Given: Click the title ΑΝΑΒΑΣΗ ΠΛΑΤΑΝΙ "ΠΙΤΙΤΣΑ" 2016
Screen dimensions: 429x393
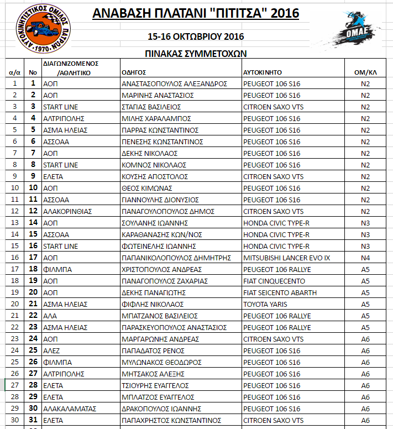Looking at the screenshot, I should pos(196,13).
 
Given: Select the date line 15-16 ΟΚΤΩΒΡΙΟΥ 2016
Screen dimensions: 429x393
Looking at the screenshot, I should pos(196,37).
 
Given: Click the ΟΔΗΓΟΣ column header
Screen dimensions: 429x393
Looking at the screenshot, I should pos(133,72).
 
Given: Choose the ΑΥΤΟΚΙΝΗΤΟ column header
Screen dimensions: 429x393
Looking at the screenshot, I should pos(263,72).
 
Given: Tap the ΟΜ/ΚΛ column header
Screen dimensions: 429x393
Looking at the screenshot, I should pos(365,72).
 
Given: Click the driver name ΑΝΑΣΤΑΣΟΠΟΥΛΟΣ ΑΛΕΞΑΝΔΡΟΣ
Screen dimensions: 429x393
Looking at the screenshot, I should pos(174,83).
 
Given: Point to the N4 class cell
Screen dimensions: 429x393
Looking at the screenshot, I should pos(365,258).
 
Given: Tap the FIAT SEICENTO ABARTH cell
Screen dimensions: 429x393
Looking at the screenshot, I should pos(280,292).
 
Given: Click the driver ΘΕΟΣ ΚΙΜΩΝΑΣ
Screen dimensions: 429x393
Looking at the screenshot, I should pos(143,188).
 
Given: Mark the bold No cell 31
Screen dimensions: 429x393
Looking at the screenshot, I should pos(33,420).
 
